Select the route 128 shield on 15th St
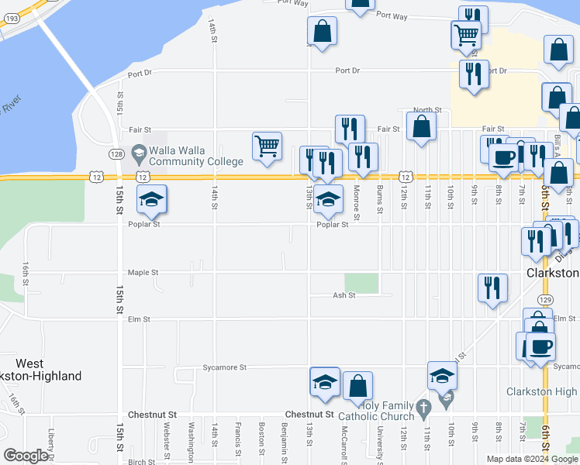tap(114, 153)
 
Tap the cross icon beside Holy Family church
tap(423, 407)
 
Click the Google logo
tap(26, 456)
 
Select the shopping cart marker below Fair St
tap(267, 145)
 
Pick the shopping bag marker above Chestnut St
tap(357, 385)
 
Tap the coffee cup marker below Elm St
tap(541, 346)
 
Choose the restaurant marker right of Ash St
tap(492, 288)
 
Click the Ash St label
tap(344, 295)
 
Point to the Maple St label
tap(143, 273)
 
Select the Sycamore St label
tap(224, 367)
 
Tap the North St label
tap(426, 110)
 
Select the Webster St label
tap(167, 439)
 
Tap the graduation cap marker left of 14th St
tap(152, 199)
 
